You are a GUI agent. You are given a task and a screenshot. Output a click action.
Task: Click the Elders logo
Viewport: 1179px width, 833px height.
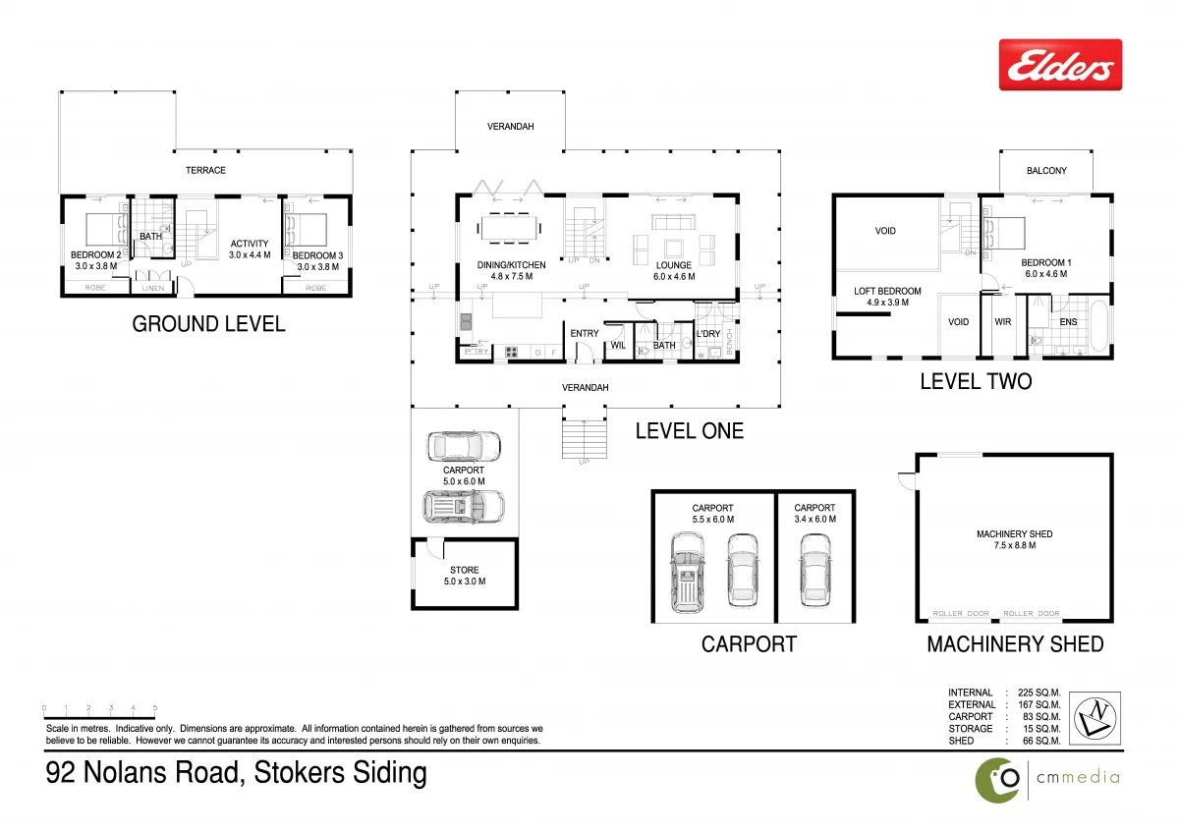click(x=1060, y=65)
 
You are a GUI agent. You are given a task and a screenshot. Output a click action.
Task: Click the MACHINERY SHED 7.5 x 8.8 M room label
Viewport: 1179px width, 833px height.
click(x=1014, y=539)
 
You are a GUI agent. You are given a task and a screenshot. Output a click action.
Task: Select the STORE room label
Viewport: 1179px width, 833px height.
click(x=465, y=576)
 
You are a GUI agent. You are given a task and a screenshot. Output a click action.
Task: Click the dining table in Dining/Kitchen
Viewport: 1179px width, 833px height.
click(x=510, y=228)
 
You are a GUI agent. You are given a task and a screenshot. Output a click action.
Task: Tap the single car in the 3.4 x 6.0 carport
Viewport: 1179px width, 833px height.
click(x=815, y=570)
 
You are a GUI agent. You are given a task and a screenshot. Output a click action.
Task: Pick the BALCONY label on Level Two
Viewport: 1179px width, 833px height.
click(x=1046, y=171)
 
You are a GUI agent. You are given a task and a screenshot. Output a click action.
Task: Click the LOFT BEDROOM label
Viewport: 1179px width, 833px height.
click(x=887, y=297)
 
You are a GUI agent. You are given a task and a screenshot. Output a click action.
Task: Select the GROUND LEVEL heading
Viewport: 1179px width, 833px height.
click(x=208, y=324)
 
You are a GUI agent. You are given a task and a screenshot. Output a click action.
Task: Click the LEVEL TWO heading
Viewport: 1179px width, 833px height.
click(x=976, y=381)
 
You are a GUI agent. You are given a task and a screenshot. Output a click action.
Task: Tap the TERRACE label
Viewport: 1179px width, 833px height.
click(x=206, y=170)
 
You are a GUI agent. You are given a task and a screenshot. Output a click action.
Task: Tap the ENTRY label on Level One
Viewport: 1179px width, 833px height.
click(x=585, y=334)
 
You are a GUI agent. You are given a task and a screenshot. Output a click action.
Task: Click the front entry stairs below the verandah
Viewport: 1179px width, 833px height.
click(x=584, y=437)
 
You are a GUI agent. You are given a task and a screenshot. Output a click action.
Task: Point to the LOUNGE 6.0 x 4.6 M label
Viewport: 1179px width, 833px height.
click(x=674, y=271)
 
